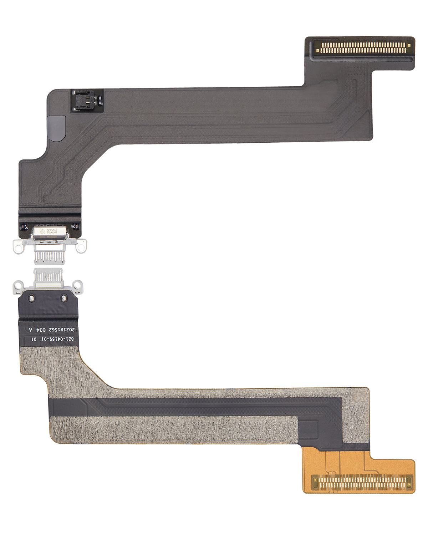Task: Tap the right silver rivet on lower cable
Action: coord(63,298)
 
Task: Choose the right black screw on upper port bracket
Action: coord(75,226)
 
